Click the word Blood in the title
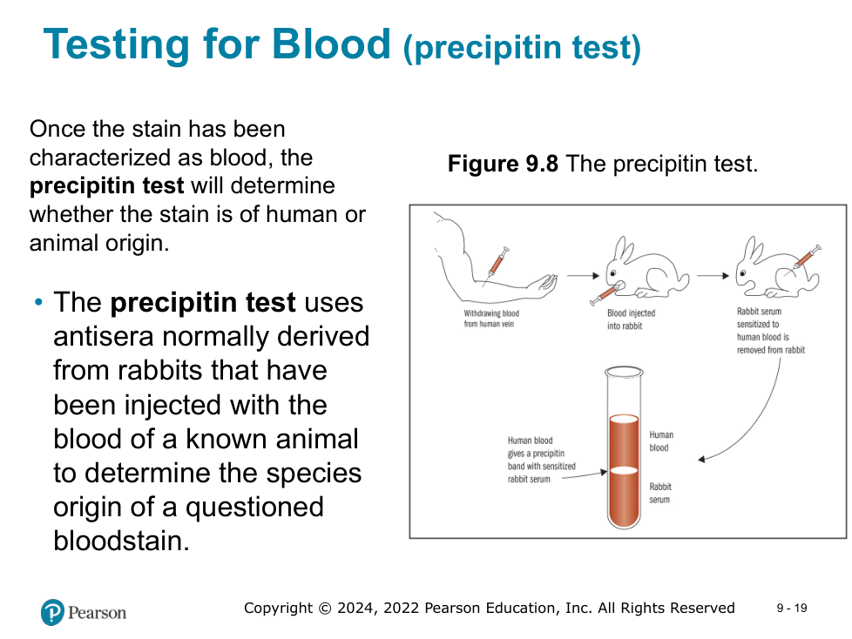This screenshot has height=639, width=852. (331, 44)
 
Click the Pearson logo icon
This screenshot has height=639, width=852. (53, 612)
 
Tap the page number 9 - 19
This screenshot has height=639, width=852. (792, 608)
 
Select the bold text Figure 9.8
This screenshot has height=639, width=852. (503, 164)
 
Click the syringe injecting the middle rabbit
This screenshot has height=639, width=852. (603, 294)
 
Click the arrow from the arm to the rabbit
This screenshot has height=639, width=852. (583, 276)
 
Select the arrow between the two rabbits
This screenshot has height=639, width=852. (713, 276)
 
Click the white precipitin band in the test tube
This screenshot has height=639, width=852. (624, 471)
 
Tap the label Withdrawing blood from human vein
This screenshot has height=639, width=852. (491, 319)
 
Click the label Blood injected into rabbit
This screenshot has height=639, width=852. (631, 319)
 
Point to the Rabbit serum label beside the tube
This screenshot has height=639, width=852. (660, 493)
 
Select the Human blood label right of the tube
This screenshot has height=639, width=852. (660, 441)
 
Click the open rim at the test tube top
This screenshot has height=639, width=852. (624, 372)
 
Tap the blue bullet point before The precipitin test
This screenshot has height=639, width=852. (38, 302)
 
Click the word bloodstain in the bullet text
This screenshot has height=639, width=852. (122, 541)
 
